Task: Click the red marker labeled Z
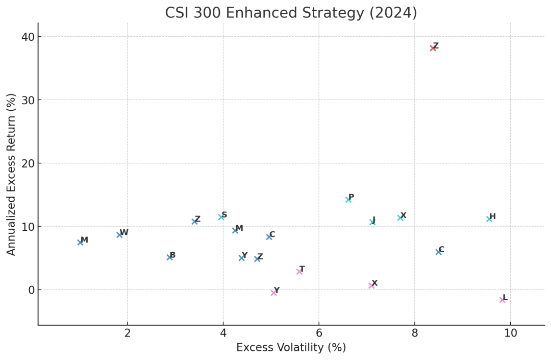[x=433, y=48]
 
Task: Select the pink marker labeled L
[x=502, y=300]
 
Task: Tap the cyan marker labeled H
[x=489, y=219]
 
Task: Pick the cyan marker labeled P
[x=348, y=200]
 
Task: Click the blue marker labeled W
[x=119, y=234]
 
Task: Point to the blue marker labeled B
[x=169, y=257]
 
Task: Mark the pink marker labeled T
[x=299, y=271]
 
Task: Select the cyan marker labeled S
[x=221, y=217]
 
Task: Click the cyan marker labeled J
[x=372, y=222]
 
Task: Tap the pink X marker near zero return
[x=371, y=285]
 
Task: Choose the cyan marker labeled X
[x=400, y=218]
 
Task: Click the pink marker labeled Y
[x=274, y=293]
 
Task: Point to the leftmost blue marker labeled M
[x=80, y=242]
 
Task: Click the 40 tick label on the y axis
[x=28, y=37]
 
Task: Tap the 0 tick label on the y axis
[x=31, y=290]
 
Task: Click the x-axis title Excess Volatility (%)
[x=291, y=348]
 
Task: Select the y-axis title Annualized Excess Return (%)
[x=12, y=174]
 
